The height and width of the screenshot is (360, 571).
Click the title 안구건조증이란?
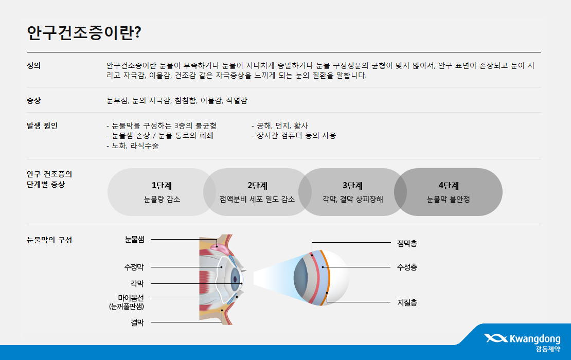(84, 33)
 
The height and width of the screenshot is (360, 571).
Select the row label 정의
(33, 66)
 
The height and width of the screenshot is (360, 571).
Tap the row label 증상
(33, 100)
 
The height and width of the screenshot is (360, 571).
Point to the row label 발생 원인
(42, 126)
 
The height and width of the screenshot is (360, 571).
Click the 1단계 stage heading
(162, 186)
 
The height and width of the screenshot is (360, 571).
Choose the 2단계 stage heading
(257, 186)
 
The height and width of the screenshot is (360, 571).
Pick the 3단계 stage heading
(352, 186)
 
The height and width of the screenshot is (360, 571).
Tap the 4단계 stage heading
(449, 186)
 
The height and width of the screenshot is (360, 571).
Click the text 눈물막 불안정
(448, 200)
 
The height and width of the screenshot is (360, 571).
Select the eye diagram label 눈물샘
(134, 240)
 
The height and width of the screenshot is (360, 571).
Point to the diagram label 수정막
(134, 267)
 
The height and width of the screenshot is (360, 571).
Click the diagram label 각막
(137, 283)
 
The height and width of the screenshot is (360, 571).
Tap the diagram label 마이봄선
(131, 298)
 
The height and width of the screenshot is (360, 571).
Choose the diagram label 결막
(137, 322)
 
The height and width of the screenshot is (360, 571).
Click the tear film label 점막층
(407, 244)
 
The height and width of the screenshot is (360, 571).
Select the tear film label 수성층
(407, 267)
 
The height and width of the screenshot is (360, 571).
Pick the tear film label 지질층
(407, 302)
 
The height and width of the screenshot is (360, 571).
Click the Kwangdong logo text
(535, 339)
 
